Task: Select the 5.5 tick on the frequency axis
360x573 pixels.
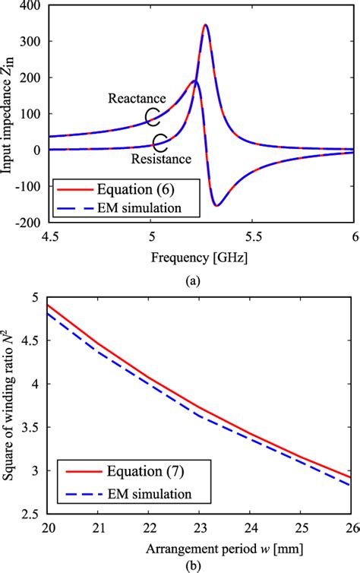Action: click(x=251, y=235)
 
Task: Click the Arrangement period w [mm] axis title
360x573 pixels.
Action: click(x=201, y=548)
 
